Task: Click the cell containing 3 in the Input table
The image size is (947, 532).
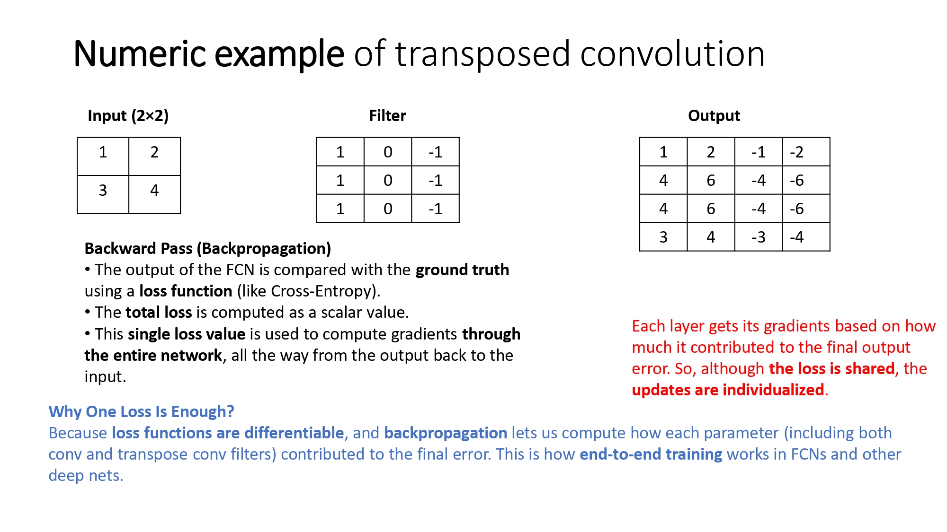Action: pyautogui.click(x=103, y=194)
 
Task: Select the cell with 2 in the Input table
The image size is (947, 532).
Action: pyautogui.click(x=154, y=157)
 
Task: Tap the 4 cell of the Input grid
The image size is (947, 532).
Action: pyautogui.click(x=154, y=194)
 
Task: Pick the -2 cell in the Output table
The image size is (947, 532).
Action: pyautogui.click(x=806, y=152)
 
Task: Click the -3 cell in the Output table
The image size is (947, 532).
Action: pyautogui.click(x=759, y=237)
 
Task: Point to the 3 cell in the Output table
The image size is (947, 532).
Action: pyautogui.click(x=663, y=237)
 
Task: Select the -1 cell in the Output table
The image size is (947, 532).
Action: pyautogui.click(x=759, y=152)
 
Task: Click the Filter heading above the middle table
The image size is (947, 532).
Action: pyautogui.click(x=387, y=115)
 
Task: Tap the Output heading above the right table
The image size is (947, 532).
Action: pyautogui.click(x=714, y=116)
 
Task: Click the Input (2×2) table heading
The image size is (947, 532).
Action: pyautogui.click(x=128, y=116)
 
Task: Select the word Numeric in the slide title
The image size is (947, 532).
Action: pyautogui.click(x=140, y=54)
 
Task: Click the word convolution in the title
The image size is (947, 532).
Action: pyautogui.click(x=672, y=54)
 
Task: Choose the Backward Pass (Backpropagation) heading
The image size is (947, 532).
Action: pyautogui.click(x=208, y=249)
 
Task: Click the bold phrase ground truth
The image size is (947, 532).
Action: pyautogui.click(x=462, y=270)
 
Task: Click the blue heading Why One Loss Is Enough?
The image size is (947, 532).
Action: pyautogui.click(x=142, y=412)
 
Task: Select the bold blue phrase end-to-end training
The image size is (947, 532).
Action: pyautogui.click(x=651, y=454)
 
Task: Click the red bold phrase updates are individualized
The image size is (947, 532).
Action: pyautogui.click(x=728, y=390)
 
